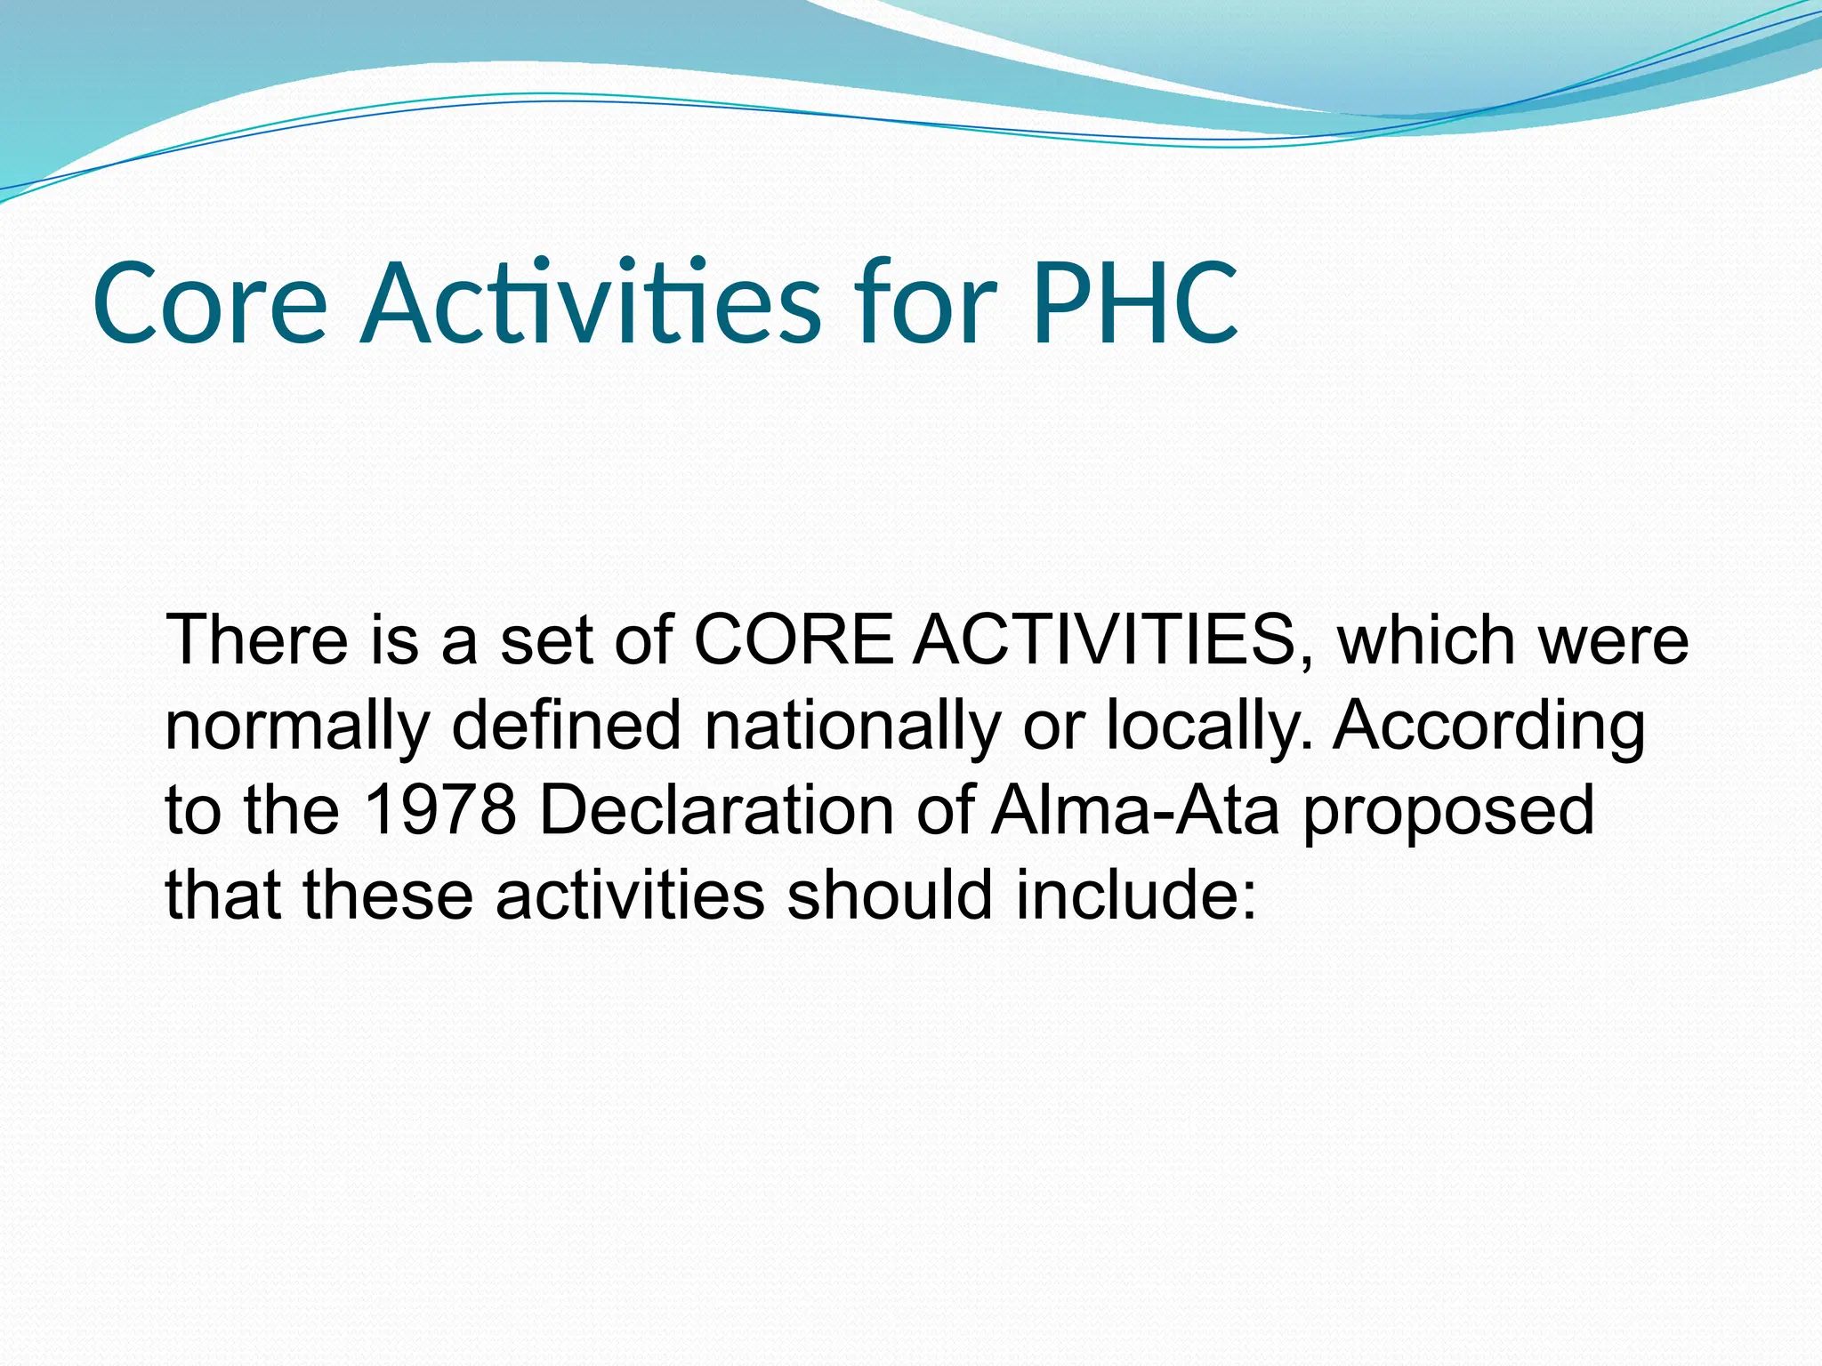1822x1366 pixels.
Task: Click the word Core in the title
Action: pyautogui.click(x=210, y=304)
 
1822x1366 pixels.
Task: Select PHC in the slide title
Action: pyautogui.click(x=1134, y=304)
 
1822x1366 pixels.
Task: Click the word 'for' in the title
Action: pyautogui.click(x=925, y=304)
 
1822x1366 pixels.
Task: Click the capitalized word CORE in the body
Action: pyautogui.click(x=793, y=640)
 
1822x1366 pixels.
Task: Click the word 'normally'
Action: pyautogui.click(x=297, y=727)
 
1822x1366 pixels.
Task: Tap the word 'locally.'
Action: pyautogui.click(x=1209, y=727)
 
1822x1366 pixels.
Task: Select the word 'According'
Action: pyautogui.click(x=1487, y=727)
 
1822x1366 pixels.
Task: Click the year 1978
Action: pyautogui.click(x=440, y=810)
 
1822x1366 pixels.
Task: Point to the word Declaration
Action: pyautogui.click(x=716, y=810)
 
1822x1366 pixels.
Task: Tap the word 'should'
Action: pyautogui.click(x=889, y=895)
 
